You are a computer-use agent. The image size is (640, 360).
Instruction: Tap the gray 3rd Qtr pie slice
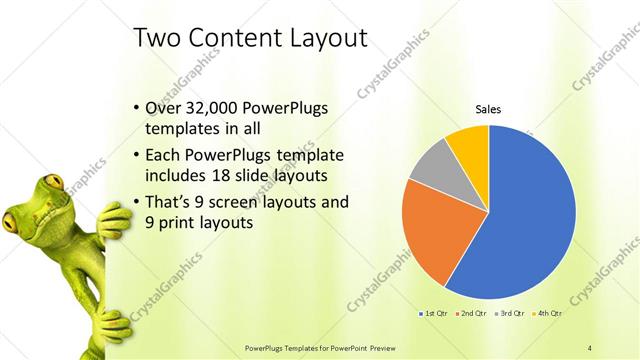[432, 165]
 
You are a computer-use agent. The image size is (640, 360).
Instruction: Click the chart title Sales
[488, 110]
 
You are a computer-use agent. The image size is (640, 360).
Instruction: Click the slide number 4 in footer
[590, 347]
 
